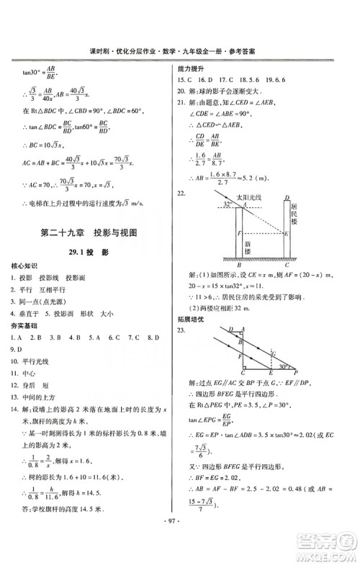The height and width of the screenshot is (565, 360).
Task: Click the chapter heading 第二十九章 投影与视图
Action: tap(89, 232)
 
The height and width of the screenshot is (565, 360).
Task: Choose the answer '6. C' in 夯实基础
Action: tap(113, 336)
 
